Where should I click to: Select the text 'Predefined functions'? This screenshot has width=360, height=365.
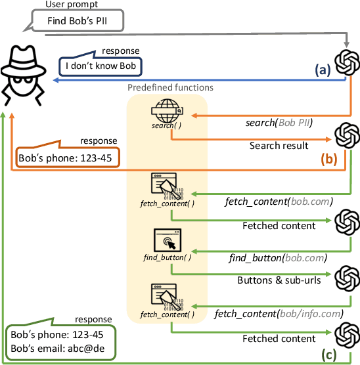pos(171,87)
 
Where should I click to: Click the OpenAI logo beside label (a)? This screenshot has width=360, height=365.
pos(347,63)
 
